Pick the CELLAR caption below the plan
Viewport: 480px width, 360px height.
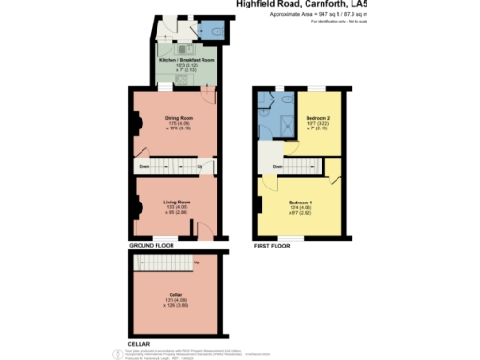(x=139, y=344)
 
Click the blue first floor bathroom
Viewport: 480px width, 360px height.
(x=277, y=114)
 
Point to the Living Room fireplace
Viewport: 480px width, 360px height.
(x=135, y=204)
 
